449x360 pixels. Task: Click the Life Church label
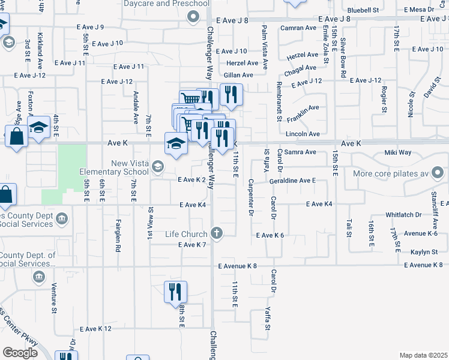click(186, 233)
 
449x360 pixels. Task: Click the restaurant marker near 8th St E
click(175, 292)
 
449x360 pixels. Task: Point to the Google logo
click(20, 353)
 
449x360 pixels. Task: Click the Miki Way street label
click(398, 152)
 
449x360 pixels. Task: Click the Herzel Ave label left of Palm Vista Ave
click(242, 63)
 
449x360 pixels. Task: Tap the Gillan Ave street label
click(238, 75)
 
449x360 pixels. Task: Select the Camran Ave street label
click(298, 28)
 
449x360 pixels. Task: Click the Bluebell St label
click(363, 10)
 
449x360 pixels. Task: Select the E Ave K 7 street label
click(192, 245)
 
